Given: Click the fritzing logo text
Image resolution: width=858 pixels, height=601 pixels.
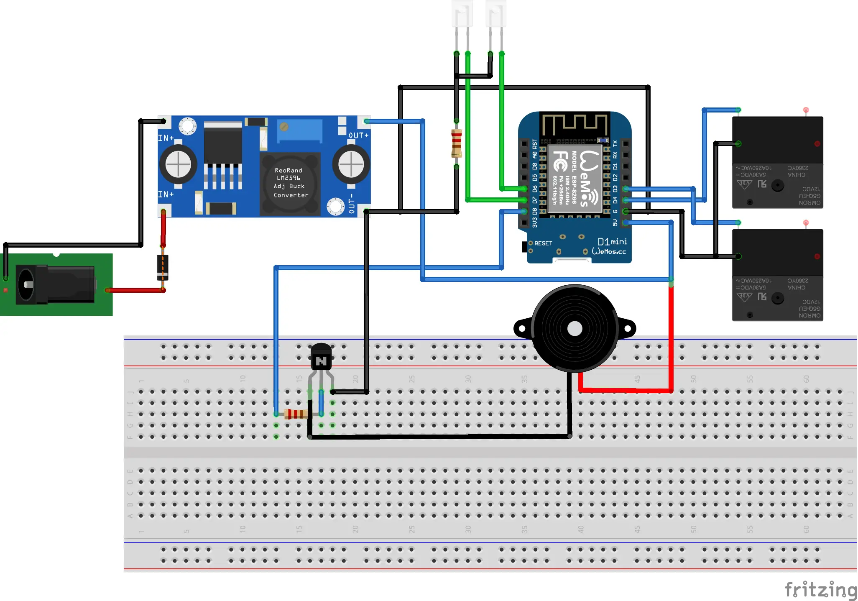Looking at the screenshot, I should (x=820, y=590).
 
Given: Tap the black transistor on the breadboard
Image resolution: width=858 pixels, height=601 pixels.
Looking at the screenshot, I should (x=321, y=358).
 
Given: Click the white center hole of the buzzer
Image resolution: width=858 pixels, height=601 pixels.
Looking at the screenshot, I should (x=575, y=329).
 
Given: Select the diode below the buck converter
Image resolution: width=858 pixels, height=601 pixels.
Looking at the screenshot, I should (x=163, y=267).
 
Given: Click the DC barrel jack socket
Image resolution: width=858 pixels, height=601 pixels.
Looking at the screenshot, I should (x=54, y=284).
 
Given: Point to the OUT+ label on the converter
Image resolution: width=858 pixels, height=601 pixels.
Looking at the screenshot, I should (x=358, y=136).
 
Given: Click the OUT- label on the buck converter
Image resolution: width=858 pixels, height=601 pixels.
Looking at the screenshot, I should (x=352, y=203).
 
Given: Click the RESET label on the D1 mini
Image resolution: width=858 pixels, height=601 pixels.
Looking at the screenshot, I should (x=543, y=243).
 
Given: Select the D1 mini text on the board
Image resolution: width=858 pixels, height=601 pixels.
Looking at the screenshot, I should (x=612, y=242).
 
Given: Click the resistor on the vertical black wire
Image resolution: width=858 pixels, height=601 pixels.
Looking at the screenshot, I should (x=457, y=143).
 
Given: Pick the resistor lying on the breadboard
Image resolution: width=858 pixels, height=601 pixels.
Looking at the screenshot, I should (x=296, y=414).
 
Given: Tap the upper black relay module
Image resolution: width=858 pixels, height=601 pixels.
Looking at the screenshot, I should (x=777, y=162).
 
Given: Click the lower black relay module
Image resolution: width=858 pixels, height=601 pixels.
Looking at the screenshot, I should (x=777, y=275).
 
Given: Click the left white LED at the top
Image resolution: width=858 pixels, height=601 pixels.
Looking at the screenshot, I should (x=462, y=15).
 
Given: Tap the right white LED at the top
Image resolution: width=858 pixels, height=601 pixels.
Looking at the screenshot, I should (x=496, y=15).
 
